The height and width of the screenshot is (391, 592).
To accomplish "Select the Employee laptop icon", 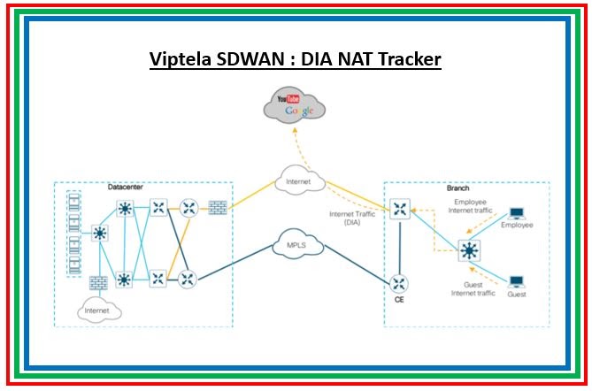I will [516, 214].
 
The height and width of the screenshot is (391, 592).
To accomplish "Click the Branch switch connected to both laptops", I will [468, 251].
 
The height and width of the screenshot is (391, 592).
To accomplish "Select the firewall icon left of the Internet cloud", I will [217, 209].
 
